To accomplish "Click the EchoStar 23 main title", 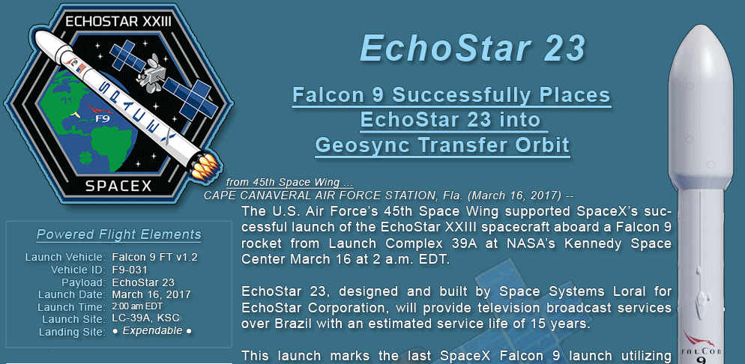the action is [x=472, y=49].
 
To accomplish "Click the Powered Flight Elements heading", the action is [x=118, y=234].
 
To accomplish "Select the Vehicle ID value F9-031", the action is [x=130, y=270].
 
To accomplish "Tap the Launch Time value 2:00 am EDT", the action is [x=137, y=306].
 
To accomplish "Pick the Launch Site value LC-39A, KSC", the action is [x=146, y=318].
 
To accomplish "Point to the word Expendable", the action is [x=152, y=331].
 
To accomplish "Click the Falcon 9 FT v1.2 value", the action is [x=154, y=258].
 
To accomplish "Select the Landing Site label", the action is [x=72, y=332].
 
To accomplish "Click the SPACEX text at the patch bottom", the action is [x=118, y=185].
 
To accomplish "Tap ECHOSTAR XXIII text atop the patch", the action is [x=118, y=22].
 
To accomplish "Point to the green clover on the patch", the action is [x=86, y=157].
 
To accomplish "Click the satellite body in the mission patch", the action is [x=154, y=74].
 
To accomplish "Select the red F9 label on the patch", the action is [x=103, y=118].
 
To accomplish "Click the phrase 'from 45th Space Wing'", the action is [x=283, y=182].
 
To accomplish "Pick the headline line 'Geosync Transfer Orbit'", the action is [x=442, y=145].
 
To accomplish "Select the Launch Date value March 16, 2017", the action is [x=151, y=294].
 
